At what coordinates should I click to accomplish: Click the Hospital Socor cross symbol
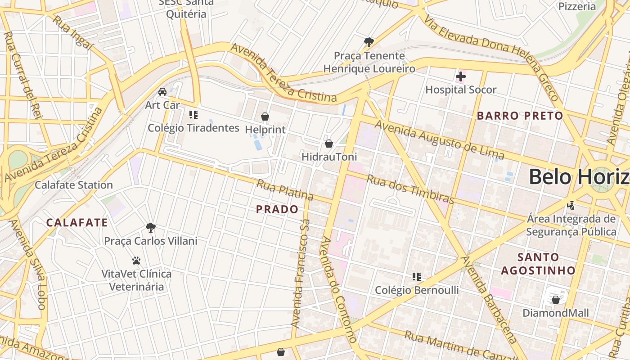click(x=460, y=76)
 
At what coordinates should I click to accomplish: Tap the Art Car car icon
click(x=162, y=92)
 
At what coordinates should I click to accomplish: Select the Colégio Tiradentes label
click(x=193, y=128)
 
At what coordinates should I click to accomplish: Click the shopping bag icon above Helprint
click(x=265, y=117)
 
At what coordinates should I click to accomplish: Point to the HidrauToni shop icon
click(x=329, y=144)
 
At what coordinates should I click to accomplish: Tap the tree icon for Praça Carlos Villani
click(x=151, y=227)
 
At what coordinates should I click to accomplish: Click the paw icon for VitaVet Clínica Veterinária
click(x=136, y=261)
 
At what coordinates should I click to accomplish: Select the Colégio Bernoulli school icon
click(x=417, y=276)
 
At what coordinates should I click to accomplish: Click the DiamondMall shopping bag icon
click(x=556, y=299)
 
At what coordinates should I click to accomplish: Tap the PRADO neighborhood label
click(x=277, y=209)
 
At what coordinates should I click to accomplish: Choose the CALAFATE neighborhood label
click(x=77, y=222)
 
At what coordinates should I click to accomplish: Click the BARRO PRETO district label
click(x=520, y=116)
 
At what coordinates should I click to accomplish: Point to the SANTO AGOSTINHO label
click(x=538, y=264)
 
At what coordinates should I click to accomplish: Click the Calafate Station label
click(x=74, y=184)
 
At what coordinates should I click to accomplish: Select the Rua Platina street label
click(x=285, y=190)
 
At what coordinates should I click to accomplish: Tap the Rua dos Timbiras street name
click(x=410, y=189)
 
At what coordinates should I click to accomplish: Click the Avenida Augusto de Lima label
click(x=439, y=139)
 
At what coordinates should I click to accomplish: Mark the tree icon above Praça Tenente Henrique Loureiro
click(x=369, y=42)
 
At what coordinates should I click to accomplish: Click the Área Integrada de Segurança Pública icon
click(x=571, y=206)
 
